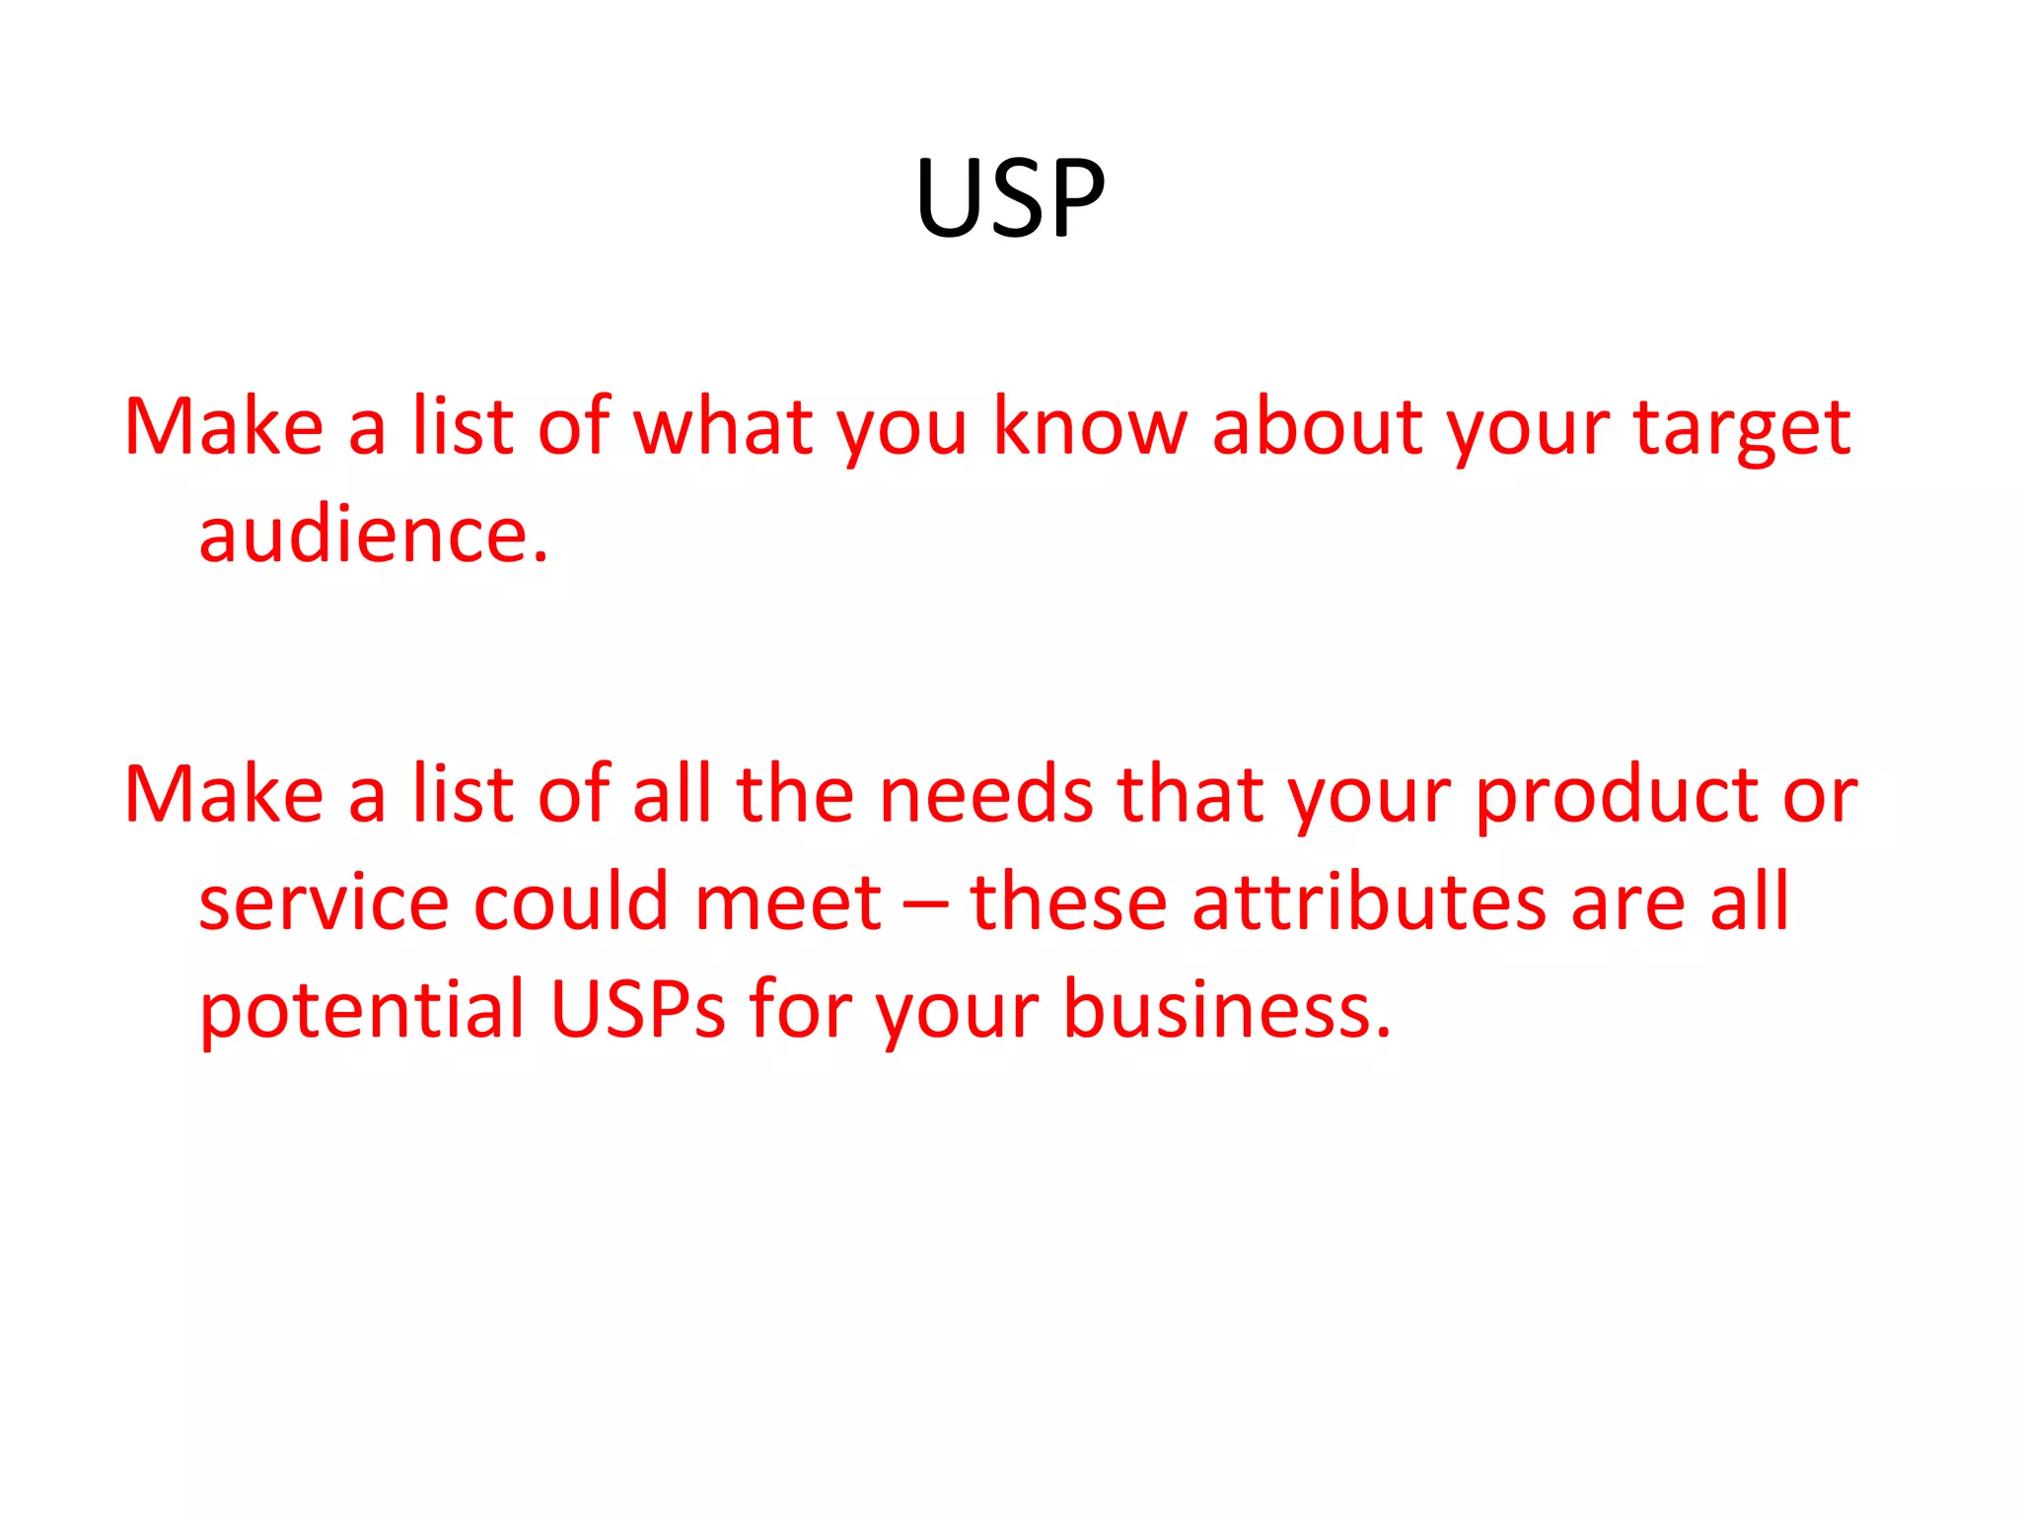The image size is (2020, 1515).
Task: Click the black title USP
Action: point(1009,198)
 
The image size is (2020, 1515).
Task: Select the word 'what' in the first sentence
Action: point(723,428)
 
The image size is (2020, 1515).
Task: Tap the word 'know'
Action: point(1090,428)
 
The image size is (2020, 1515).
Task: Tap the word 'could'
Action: point(571,902)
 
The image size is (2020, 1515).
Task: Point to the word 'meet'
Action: point(788,903)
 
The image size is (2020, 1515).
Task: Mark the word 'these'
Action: point(1069,902)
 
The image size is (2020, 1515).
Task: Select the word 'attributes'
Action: point(1369,902)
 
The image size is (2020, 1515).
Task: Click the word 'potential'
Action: point(361,1012)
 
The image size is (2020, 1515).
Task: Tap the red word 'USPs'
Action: point(637,1010)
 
